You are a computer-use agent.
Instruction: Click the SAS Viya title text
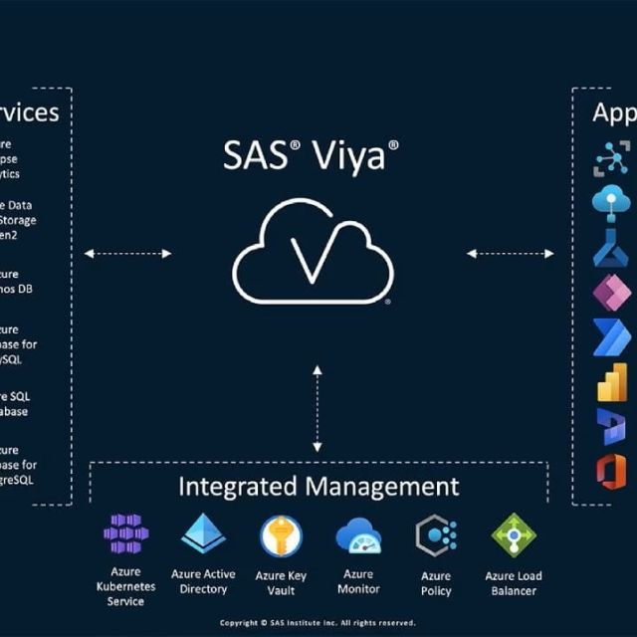click(311, 156)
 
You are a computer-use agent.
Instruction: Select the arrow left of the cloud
click(127, 254)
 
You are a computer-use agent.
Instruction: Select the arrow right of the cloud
click(511, 254)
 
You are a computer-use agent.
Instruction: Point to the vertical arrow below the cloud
click(317, 409)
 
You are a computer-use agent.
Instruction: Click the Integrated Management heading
click(318, 487)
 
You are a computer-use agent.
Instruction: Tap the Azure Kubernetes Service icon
click(126, 535)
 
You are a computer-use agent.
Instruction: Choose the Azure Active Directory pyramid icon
click(203, 534)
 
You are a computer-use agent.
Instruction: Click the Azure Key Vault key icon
click(281, 536)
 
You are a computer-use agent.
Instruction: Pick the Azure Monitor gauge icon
click(358, 536)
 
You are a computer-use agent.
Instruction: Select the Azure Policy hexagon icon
click(436, 535)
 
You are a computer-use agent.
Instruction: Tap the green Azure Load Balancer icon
click(514, 535)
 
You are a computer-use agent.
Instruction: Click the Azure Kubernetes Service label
click(126, 586)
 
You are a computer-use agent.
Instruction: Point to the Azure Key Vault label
click(281, 583)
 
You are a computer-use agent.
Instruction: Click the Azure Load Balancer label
click(514, 583)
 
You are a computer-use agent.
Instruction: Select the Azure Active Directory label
click(203, 581)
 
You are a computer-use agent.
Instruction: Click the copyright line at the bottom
click(318, 623)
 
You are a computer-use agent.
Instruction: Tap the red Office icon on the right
click(611, 471)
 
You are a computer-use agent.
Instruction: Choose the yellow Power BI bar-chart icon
click(610, 382)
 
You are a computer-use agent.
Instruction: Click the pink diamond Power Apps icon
click(611, 293)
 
